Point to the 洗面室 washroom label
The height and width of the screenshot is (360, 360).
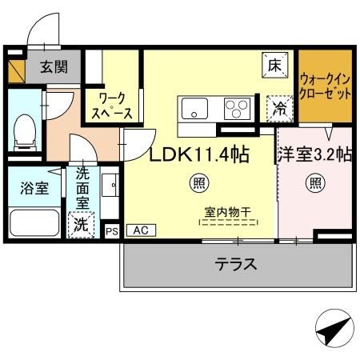pos(83,189)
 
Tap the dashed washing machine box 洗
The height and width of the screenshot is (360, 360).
pos(81,225)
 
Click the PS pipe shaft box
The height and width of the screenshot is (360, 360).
pos(111,230)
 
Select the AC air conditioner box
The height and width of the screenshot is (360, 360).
pos(141,230)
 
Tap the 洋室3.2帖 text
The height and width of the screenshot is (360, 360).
pos(314,154)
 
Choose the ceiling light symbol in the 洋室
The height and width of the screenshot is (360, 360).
pos(314,183)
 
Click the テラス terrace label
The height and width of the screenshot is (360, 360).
pos(235,265)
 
